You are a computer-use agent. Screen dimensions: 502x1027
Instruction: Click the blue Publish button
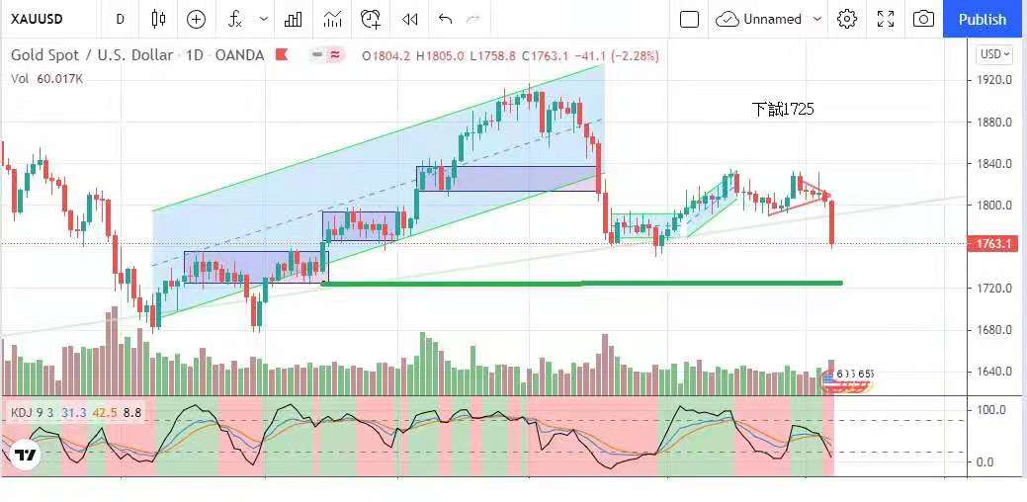pyautogui.click(x=982, y=19)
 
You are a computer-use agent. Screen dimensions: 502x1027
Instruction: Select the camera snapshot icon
pyautogui.click(x=923, y=19)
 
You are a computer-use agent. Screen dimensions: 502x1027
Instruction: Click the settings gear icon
pyautogui.click(x=847, y=19)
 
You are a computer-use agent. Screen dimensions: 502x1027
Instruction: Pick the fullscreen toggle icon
pyautogui.click(x=886, y=19)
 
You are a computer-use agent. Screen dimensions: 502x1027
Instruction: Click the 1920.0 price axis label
pyautogui.click(x=993, y=80)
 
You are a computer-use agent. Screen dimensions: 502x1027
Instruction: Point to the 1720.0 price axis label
pyautogui.click(x=993, y=289)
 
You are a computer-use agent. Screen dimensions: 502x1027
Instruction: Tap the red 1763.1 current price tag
pyautogui.click(x=994, y=244)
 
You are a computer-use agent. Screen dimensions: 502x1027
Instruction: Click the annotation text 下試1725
pyautogui.click(x=783, y=110)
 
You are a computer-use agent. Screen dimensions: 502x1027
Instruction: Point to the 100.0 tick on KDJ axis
pyautogui.click(x=991, y=409)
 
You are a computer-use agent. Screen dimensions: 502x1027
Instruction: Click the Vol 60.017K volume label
pyautogui.click(x=46, y=78)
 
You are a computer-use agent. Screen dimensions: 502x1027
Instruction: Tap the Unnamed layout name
pyautogui.click(x=772, y=19)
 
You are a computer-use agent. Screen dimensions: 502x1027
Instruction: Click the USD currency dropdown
pyautogui.click(x=993, y=54)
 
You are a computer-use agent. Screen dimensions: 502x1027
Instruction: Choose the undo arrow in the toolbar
pyautogui.click(x=445, y=19)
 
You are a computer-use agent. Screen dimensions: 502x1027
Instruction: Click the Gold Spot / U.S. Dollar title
pyautogui.click(x=92, y=55)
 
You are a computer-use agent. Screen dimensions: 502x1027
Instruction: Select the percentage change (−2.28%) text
pyautogui.click(x=636, y=55)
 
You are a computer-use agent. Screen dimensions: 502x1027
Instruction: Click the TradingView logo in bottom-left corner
pyautogui.click(x=25, y=456)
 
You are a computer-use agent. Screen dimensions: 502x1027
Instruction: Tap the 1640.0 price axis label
pyautogui.click(x=993, y=372)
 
